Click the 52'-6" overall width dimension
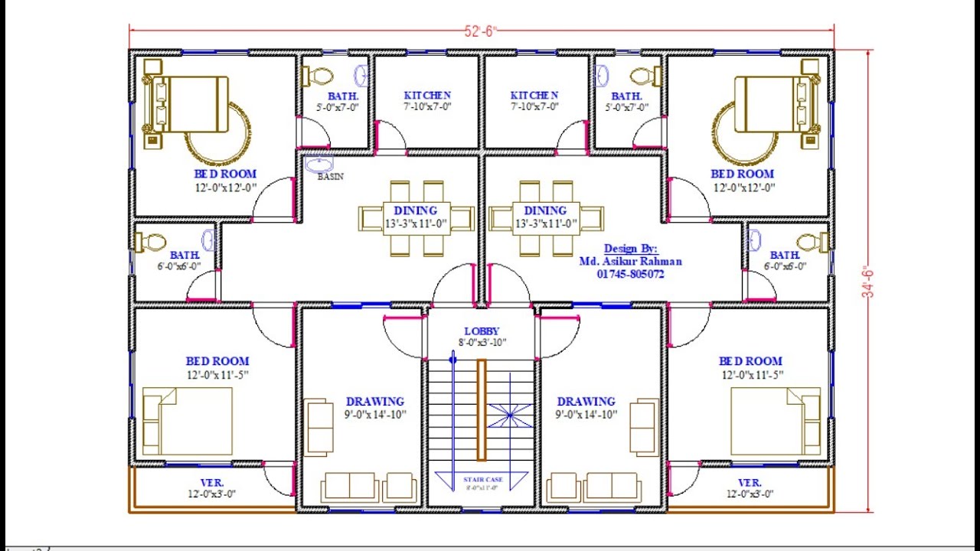481,31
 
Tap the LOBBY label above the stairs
482,331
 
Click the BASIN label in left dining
331,177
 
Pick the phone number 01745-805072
630,273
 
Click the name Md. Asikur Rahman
630,261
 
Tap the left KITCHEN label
427,96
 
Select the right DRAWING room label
586,402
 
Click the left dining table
416,218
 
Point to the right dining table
546,218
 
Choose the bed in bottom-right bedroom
775,421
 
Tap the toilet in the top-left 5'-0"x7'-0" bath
319,77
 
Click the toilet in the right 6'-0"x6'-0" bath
813,243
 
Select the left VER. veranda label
212,483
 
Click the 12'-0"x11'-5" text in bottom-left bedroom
217,374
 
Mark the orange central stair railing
482,409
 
